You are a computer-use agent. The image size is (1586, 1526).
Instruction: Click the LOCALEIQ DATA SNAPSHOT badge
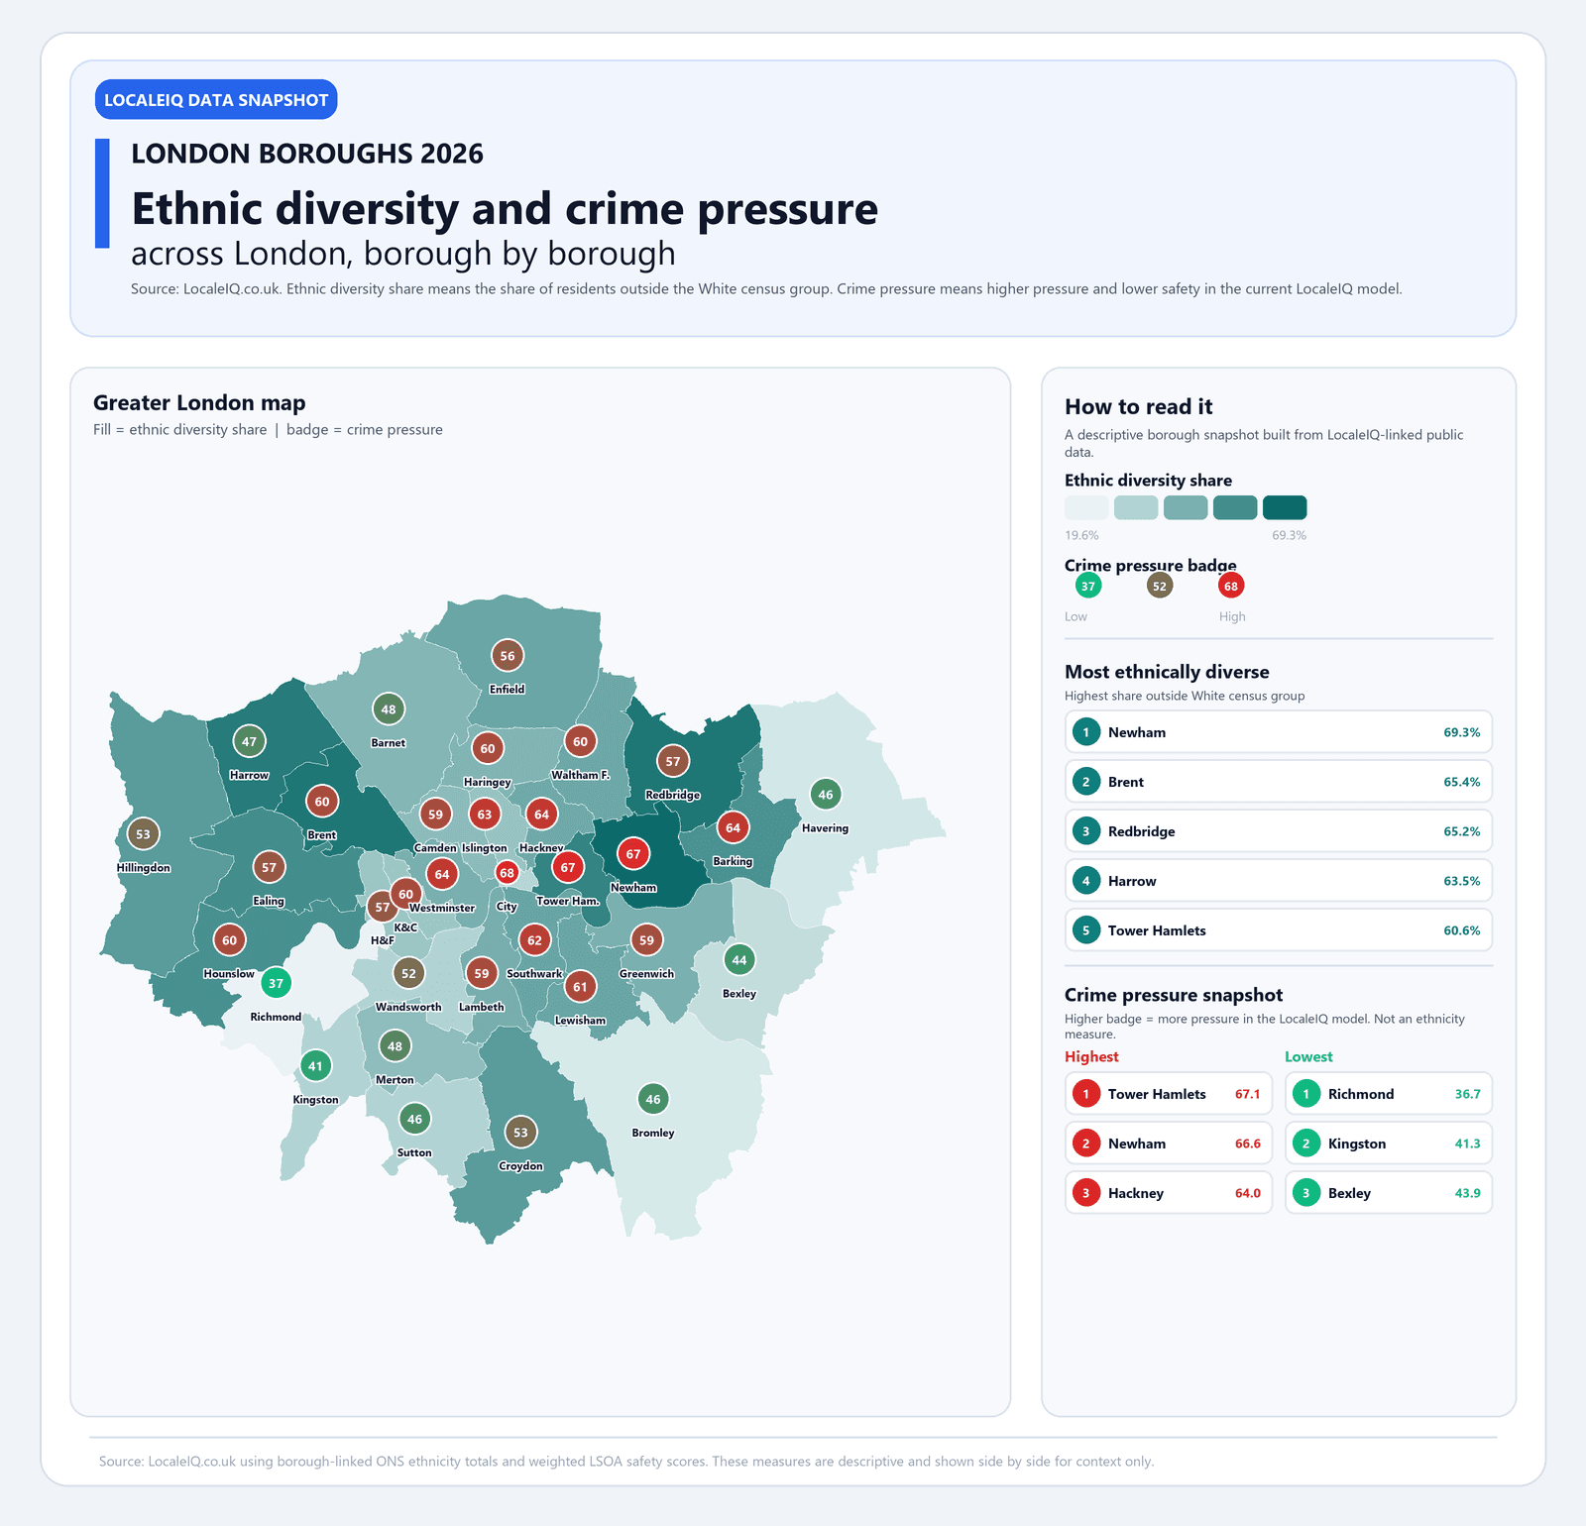coord(216,100)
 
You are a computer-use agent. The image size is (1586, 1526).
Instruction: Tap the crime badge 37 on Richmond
coord(276,983)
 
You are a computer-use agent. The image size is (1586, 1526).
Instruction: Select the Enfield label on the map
coord(507,689)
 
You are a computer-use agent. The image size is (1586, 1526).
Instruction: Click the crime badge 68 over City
coord(507,873)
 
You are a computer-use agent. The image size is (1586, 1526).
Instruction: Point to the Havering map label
coord(825,828)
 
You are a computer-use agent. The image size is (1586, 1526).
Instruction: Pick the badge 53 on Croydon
coord(520,1132)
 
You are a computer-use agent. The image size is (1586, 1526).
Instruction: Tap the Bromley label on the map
coord(652,1133)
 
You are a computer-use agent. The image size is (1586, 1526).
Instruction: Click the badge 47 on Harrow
coord(249,741)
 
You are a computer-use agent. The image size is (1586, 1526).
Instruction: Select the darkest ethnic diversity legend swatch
coord(1284,507)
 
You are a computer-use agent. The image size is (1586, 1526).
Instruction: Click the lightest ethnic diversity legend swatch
coord(1085,507)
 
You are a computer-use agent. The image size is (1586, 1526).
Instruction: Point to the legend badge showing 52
coord(1159,586)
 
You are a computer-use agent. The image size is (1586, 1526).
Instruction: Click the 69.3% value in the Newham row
coord(1461,732)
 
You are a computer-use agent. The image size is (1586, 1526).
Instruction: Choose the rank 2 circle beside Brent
coord(1086,782)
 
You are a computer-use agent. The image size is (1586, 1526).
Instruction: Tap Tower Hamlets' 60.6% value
coord(1461,930)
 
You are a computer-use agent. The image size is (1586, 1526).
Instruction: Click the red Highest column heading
coord(1091,1056)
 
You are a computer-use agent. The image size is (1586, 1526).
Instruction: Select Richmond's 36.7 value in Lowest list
coord(1467,1094)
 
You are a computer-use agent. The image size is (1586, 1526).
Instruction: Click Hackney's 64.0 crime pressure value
coord(1247,1193)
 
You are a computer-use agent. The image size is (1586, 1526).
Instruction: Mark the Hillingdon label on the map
coord(144,868)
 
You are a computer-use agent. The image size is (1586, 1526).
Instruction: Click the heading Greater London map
coord(199,402)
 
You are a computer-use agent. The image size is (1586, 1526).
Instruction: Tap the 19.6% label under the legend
coord(1081,535)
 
